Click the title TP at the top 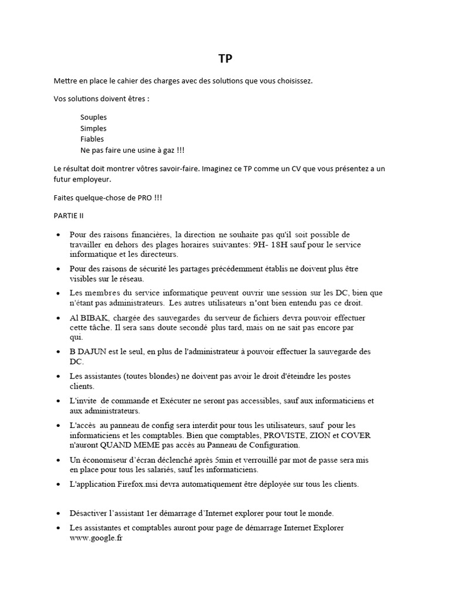225,59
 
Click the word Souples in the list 93,117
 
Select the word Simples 93,128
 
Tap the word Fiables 92,139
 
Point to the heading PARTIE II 69,216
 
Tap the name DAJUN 96,352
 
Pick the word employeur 90,179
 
